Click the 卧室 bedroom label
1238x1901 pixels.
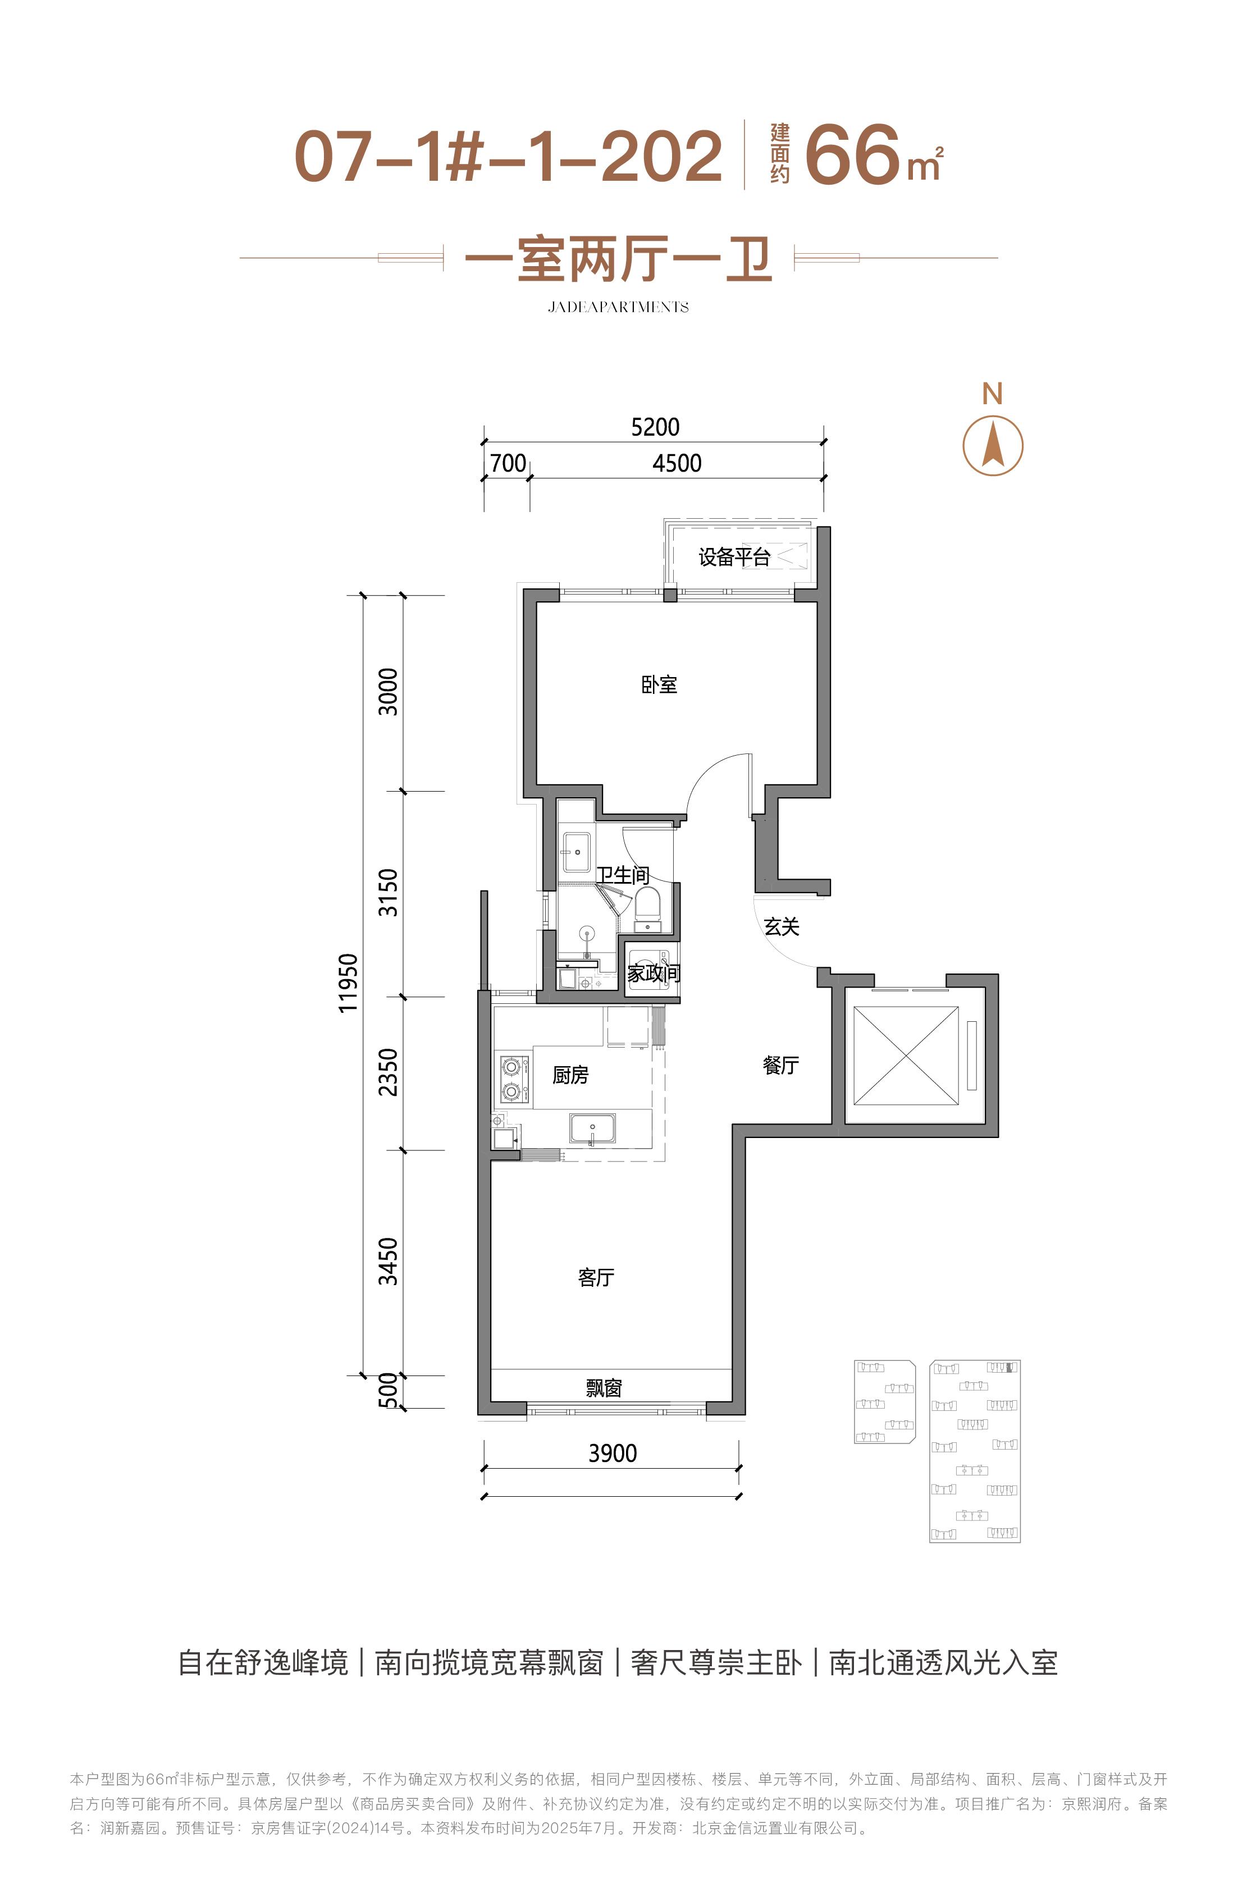(659, 684)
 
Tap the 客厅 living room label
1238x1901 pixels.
(596, 1277)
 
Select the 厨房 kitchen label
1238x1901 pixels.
(570, 1075)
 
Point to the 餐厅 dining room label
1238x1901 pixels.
(780, 1064)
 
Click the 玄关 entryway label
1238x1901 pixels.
(781, 926)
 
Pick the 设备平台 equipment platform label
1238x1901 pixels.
(734, 557)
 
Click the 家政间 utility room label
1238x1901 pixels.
(654, 973)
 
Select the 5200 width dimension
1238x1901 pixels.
(655, 427)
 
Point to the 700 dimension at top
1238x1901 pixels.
(508, 463)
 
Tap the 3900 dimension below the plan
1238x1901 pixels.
(613, 1453)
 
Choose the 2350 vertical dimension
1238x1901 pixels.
(387, 1072)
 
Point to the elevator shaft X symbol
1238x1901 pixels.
(906, 1057)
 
